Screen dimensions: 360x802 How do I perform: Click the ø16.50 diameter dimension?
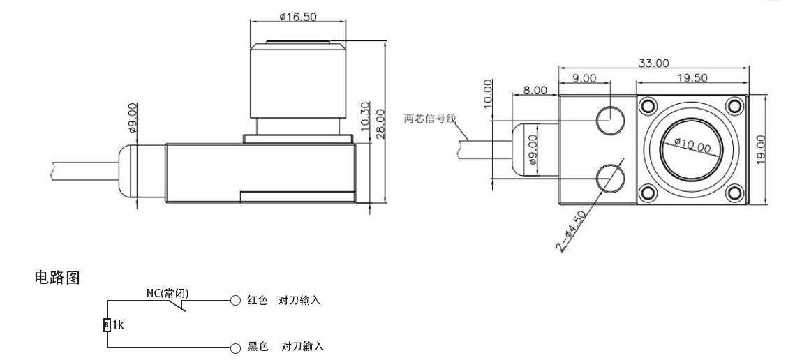(296, 15)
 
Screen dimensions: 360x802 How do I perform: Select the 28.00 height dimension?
(380, 123)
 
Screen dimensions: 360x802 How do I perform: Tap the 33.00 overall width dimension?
(654, 63)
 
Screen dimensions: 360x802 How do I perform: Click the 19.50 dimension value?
(691, 78)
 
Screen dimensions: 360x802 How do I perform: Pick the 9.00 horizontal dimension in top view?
(584, 78)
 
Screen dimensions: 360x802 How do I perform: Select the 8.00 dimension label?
(535, 91)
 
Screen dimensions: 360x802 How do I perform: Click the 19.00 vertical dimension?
(761, 148)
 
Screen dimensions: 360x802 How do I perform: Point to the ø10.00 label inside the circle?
(692, 147)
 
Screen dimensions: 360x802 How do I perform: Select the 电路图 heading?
(57, 278)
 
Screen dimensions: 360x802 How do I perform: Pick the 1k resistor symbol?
(107, 324)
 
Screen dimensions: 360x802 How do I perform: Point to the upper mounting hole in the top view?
(609, 120)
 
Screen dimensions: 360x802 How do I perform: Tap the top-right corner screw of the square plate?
(734, 105)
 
